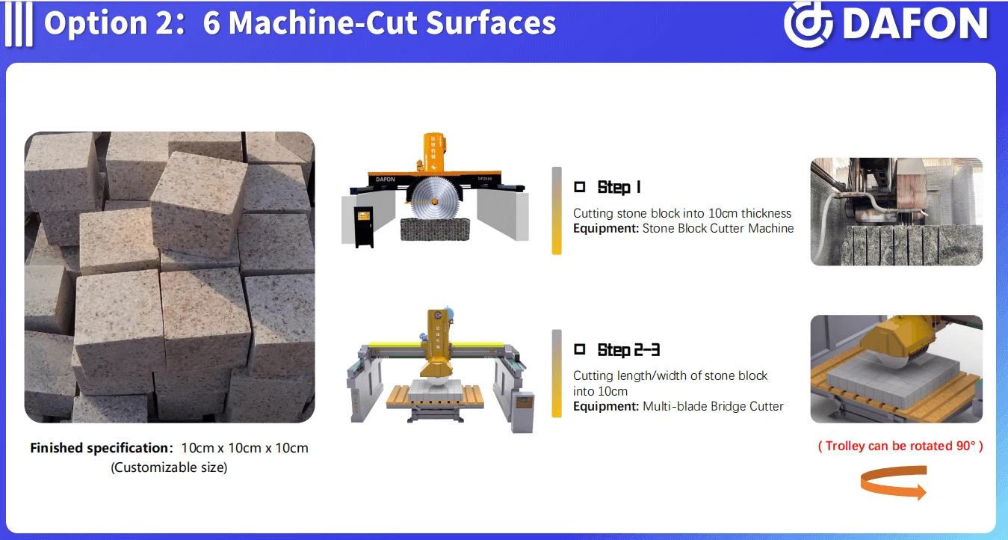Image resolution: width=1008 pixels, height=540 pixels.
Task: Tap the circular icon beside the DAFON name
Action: coord(808,24)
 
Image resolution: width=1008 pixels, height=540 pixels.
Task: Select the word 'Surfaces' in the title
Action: coord(491,22)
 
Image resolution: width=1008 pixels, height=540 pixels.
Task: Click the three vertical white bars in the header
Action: coord(19,24)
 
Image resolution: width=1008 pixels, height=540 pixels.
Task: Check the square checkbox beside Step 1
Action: coord(580,186)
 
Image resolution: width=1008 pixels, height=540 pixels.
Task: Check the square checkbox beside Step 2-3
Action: coord(580,349)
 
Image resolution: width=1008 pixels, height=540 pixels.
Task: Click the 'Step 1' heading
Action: coord(619,188)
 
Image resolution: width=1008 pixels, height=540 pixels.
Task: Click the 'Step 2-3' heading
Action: coord(628,350)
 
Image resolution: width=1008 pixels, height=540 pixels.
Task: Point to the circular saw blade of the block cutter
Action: coord(435,201)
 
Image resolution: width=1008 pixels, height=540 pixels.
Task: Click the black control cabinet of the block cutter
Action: coord(364,227)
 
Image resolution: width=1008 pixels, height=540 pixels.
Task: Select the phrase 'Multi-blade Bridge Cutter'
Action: coord(713,406)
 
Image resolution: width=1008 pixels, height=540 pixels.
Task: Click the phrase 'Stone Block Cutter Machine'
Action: coord(718,228)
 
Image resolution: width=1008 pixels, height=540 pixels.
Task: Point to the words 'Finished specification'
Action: coord(99,448)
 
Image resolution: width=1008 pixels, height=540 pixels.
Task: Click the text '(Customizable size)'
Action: coord(169,467)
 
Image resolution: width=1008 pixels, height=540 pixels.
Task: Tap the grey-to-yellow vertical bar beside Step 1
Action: coord(557,211)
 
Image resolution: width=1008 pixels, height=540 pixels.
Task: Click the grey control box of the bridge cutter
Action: coord(525,411)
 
